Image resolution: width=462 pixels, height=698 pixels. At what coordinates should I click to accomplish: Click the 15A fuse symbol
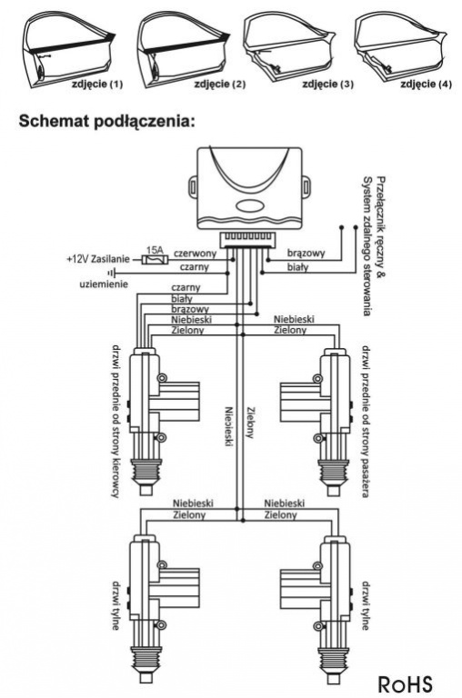[x=154, y=260]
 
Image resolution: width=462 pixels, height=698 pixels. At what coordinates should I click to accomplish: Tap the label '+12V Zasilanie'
[x=98, y=259]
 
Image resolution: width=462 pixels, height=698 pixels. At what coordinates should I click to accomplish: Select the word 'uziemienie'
[x=104, y=284]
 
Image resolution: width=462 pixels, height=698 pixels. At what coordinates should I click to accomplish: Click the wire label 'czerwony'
[x=195, y=254]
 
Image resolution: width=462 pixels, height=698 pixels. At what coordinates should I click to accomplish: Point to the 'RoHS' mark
[x=404, y=683]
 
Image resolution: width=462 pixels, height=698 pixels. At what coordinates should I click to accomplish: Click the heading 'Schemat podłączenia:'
[x=107, y=121]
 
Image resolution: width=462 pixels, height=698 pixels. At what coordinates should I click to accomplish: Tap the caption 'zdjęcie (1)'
[x=96, y=84]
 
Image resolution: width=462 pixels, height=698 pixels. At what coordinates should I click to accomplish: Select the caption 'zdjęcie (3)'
[x=327, y=84]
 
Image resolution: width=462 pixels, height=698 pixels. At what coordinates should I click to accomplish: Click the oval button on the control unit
[x=250, y=205]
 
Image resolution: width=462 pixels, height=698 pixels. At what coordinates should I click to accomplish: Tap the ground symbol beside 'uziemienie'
[x=112, y=273]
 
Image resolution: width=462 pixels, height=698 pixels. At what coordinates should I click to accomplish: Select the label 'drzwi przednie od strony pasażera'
[x=366, y=421]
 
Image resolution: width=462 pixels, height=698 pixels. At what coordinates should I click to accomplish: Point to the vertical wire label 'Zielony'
[x=249, y=423]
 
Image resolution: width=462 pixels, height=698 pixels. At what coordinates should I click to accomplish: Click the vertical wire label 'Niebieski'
[x=228, y=426]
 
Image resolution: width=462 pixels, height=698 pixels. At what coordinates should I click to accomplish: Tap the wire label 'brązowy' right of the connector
[x=306, y=254]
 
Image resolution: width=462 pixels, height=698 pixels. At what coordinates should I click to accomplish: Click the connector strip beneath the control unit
[x=247, y=240]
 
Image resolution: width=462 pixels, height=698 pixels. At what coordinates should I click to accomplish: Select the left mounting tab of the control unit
[x=193, y=185]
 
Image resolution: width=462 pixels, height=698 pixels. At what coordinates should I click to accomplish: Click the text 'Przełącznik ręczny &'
[x=380, y=228]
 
